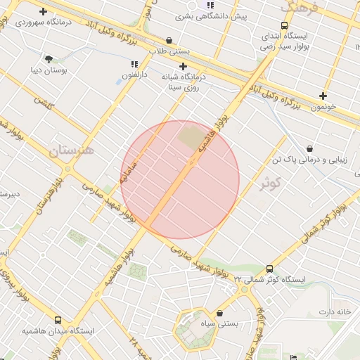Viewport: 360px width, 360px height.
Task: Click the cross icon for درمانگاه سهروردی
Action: (44, 11)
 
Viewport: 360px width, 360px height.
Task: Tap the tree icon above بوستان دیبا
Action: (49, 59)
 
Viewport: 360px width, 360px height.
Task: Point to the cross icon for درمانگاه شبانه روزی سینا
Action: (182, 66)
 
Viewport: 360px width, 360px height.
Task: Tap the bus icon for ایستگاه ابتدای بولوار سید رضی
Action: (284, 25)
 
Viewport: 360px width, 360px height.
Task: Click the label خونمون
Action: (323, 107)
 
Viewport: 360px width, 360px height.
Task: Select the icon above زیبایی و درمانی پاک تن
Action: (310, 149)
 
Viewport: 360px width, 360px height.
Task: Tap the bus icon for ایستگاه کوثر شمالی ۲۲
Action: (270, 269)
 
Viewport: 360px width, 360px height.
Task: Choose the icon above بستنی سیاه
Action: (220, 313)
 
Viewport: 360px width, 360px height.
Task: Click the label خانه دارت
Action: (334, 311)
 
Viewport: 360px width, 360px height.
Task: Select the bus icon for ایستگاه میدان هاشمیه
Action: (58, 319)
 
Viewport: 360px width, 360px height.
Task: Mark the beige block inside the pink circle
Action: (191, 136)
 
